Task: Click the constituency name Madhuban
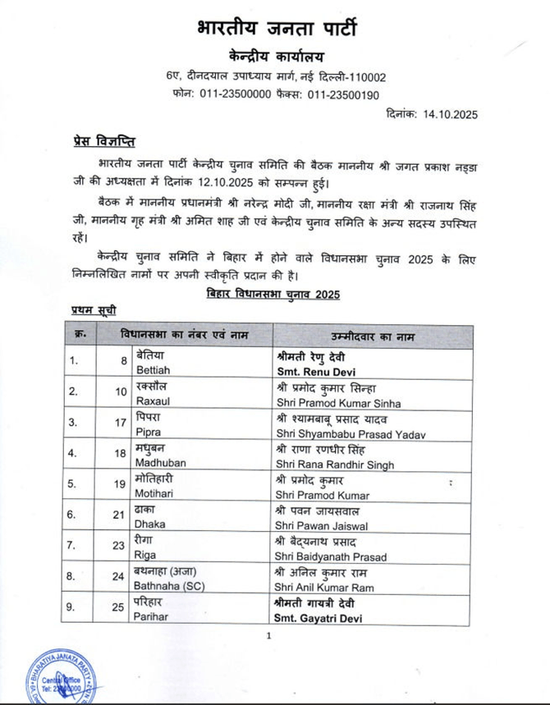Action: pos(157,465)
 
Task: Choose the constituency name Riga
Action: pos(145,556)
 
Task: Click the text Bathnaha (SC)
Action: pos(169,588)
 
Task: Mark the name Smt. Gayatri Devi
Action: pos(319,618)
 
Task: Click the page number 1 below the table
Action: pos(268,636)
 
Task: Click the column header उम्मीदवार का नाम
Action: pos(373,336)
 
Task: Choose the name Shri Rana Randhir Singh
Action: pos(335,465)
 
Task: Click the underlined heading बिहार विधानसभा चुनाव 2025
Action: pos(273,293)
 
